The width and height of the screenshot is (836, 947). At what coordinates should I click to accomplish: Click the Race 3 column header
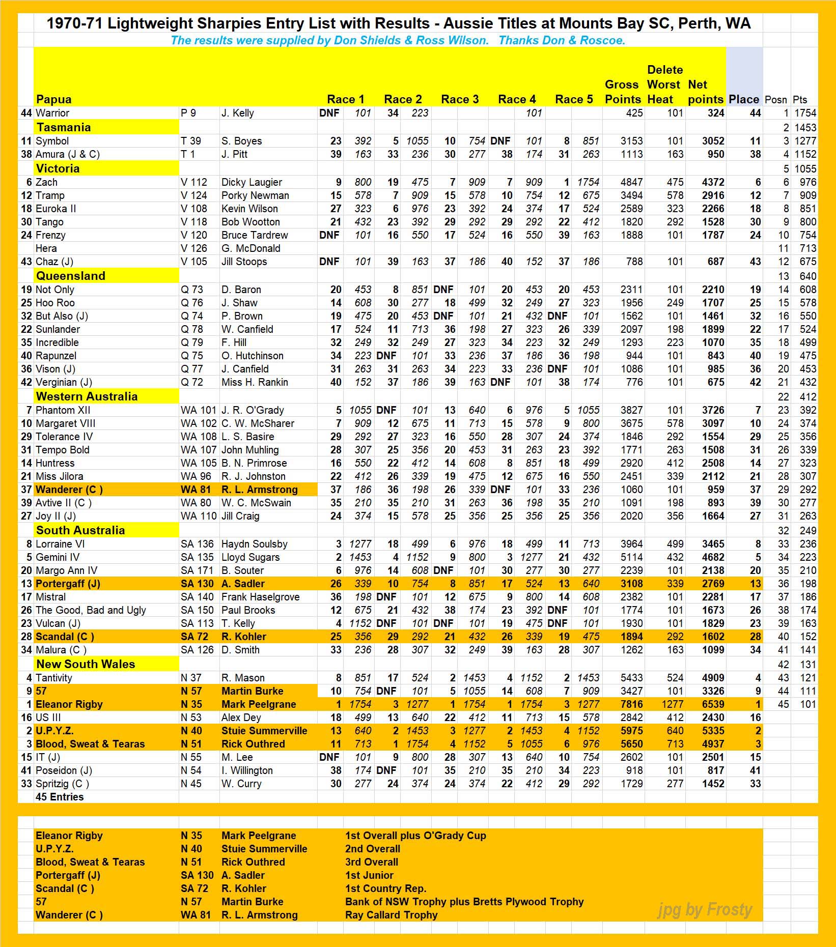pos(460,99)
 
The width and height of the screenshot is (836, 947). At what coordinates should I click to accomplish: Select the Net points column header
pos(705,92)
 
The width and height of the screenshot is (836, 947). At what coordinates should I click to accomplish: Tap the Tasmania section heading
pos(63,127)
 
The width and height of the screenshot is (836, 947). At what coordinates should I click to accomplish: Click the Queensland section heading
pos(71,276)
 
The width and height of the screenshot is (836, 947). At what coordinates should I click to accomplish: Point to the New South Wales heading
pos(86,664)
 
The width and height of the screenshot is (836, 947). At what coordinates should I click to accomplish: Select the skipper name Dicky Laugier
pos(252,182)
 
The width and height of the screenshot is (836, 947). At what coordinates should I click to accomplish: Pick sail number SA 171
pos(197,570)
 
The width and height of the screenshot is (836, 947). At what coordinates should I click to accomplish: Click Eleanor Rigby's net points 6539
pos(712,704)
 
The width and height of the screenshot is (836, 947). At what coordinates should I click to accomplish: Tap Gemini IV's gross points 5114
pos(631,557)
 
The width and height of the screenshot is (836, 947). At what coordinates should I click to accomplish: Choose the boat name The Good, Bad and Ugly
pos(91,610)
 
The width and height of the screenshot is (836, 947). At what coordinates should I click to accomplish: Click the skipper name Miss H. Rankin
pos(255,382)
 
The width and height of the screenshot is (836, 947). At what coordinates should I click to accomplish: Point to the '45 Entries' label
pos(60,797)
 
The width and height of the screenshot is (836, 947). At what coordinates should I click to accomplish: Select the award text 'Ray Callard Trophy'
pos(391,915)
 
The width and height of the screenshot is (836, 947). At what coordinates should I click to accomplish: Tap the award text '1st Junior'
pos(369,875)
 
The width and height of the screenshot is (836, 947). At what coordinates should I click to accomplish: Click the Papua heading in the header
pos(53,99)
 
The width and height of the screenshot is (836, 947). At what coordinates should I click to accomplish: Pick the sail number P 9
pos(188,113)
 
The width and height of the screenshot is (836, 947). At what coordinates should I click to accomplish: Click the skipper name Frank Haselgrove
pos(260,597)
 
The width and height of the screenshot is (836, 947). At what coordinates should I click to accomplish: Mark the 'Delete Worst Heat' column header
pos(664,84)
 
